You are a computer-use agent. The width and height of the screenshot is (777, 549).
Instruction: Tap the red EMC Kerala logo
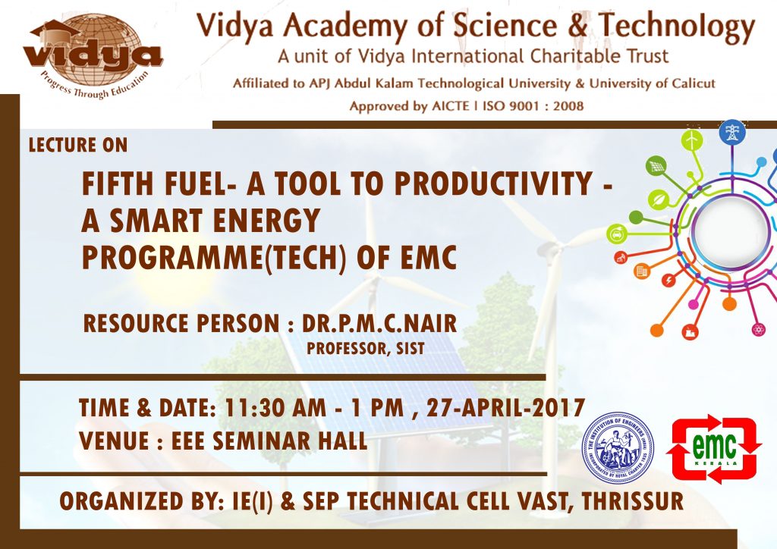pyautogui.click(x=713, y=448)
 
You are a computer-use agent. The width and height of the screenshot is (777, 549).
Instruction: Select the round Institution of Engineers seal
pyautogui.click(x=617, y=447)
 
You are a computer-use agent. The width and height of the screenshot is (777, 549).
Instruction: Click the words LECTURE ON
pyautogui.click(x=78, y=145)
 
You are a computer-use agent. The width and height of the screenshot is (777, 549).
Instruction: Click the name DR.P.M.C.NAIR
pyautogui.click(x=379, y=324)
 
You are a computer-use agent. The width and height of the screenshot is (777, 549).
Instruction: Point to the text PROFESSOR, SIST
pyautogui.click(x=356, y=348)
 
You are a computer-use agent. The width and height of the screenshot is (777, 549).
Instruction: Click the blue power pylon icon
pyautogui.click(x=732, y=133)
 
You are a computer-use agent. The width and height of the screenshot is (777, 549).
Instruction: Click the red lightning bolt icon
pyautogui.click(x=668, y=281)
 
